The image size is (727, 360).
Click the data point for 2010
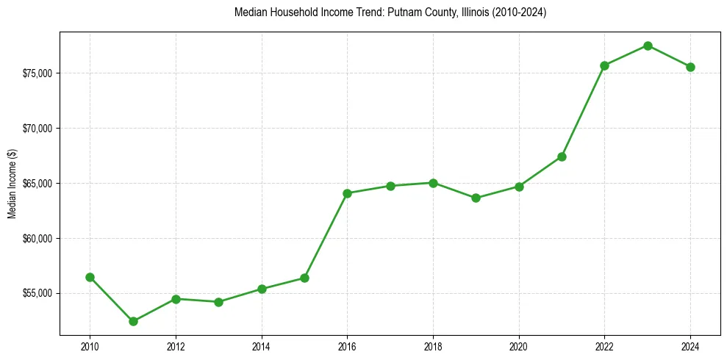pos(90,277)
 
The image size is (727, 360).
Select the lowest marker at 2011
pos(133,321)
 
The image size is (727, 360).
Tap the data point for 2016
pos(347,193)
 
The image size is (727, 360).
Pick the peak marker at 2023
pos(648,46)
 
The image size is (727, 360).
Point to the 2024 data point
pos(690,67)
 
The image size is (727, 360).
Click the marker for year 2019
pos(476,198)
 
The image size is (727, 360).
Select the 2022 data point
pos(604,65)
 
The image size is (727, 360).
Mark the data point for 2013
pos(218,302)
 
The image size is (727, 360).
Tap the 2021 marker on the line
pos(562,156)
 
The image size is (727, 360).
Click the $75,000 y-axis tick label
pos(37,73)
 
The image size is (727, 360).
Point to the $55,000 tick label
pos(37,293)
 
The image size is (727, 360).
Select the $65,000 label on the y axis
pos(37,183)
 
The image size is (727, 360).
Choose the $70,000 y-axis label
pos(37,129)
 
